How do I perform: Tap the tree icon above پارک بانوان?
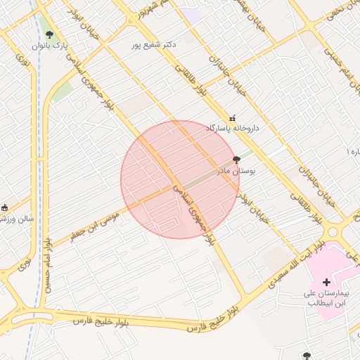[x=49, y=34]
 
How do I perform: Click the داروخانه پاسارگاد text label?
[x=233, y=129]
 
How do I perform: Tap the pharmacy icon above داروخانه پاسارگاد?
[x=233, y=118]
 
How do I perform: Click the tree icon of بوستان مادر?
[x=236, y=160]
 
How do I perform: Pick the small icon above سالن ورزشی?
[x=5, y=207]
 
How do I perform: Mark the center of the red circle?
[x=179, y=179]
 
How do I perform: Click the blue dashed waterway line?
[x=35, y=176]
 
